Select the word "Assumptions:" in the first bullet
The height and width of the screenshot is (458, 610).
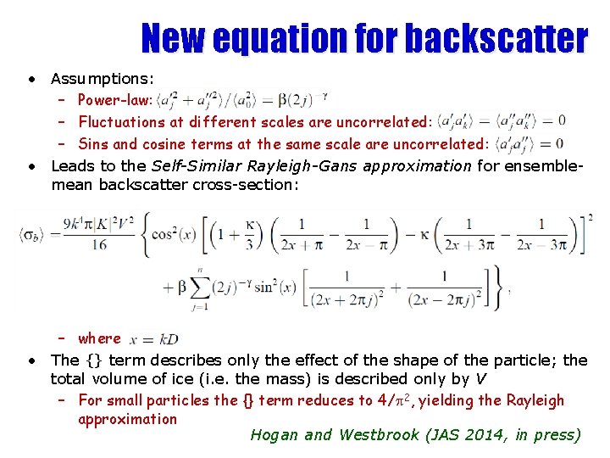tap(102, 79)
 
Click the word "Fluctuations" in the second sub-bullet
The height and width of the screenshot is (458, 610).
tap(128, 122)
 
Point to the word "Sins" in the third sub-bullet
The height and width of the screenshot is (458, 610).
tap(93, 143)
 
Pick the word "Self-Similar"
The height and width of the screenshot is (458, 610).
tap(191, 165)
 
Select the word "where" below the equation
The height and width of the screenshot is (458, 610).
tap(100, 338)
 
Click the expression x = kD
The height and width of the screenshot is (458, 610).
tap(154, 339)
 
